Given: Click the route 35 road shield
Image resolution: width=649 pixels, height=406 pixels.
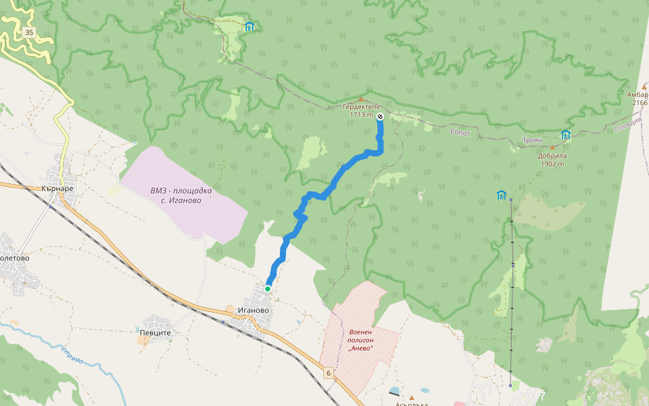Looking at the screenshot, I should [28, 32].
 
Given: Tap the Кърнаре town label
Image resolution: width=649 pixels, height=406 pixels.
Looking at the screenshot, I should [57, 188].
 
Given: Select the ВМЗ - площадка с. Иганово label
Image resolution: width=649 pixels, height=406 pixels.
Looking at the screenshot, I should [181, 195].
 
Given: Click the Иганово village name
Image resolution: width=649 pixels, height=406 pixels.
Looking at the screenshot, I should [254, 311].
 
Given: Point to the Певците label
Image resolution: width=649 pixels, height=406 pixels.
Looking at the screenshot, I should [155, 333].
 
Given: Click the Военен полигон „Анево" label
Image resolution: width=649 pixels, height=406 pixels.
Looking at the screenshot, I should [362, 340].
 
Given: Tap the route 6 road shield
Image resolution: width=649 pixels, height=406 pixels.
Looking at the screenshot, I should [329, 373].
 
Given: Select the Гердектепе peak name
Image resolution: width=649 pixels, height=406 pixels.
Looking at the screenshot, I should [362, 107].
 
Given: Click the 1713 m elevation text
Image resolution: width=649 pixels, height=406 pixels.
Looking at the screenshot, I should [362, 115].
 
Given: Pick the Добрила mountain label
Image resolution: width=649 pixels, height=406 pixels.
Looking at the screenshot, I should [552, 155].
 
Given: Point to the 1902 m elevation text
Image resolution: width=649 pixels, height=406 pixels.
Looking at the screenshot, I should [552, 164].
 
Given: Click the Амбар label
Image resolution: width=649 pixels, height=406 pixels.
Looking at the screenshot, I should [638, 95].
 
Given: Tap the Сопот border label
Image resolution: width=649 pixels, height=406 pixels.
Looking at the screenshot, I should [460, 132].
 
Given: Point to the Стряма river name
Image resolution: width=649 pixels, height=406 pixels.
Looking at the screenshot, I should [72, 355].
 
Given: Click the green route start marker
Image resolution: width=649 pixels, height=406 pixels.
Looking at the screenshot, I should [268, 289].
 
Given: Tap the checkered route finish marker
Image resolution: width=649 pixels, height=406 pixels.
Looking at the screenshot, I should [380, 116].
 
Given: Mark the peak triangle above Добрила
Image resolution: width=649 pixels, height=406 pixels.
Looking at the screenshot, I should [552, 147].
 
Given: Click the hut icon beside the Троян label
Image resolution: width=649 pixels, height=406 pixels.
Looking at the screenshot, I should [565, 135].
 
